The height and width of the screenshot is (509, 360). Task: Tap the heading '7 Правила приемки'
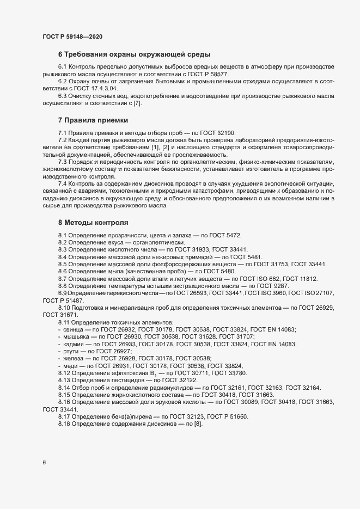(93, 120)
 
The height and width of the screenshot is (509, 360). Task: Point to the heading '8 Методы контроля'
(93, 223)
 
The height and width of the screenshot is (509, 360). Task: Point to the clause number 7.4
(63, 185)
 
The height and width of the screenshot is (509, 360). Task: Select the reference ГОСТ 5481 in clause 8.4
(244, 257)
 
